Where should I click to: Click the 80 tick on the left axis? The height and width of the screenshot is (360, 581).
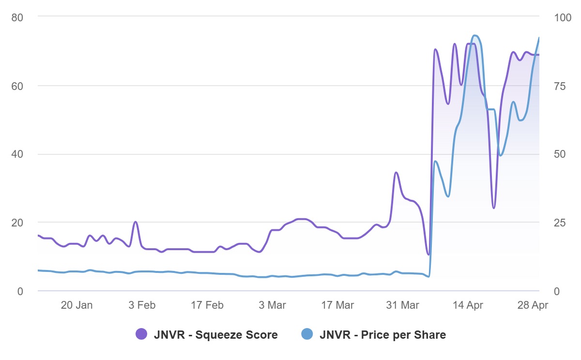17,17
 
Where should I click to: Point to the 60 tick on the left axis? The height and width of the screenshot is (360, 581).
17,86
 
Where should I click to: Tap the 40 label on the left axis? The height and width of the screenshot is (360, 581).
17,154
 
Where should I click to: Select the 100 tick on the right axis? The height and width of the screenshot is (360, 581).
562,17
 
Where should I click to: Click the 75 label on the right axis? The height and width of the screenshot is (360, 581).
560,86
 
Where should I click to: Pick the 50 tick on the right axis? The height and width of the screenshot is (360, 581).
560,154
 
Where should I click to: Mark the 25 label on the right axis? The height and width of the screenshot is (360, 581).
560,223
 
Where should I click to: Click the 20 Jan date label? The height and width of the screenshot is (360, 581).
77,305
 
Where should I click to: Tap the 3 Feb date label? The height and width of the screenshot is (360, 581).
142,305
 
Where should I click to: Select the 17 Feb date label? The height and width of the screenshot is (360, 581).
207,305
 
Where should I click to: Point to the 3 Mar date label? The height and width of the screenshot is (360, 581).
273,305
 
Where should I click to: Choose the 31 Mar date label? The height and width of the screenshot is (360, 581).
403,305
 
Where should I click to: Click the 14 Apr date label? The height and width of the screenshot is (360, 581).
468,305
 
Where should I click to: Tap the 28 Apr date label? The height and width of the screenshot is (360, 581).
533,305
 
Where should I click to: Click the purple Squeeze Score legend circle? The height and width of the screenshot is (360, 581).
141,334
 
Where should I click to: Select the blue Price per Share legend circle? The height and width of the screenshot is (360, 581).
307,334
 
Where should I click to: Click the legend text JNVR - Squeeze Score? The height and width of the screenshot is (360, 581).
215,335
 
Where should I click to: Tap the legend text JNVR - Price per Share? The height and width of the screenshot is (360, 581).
382,335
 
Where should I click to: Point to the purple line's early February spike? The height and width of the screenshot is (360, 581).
136,222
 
